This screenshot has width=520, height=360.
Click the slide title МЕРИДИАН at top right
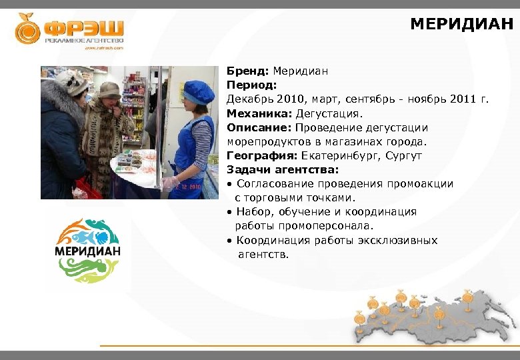[461, 25]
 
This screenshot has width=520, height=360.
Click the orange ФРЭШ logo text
[83, 29]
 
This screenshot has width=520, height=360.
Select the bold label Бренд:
[247, 71]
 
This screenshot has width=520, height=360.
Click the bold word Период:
[251, 85]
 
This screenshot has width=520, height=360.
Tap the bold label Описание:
[259, 127]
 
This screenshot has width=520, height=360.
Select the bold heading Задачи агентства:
[282, 169]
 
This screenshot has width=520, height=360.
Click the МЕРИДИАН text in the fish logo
[87, 252]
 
